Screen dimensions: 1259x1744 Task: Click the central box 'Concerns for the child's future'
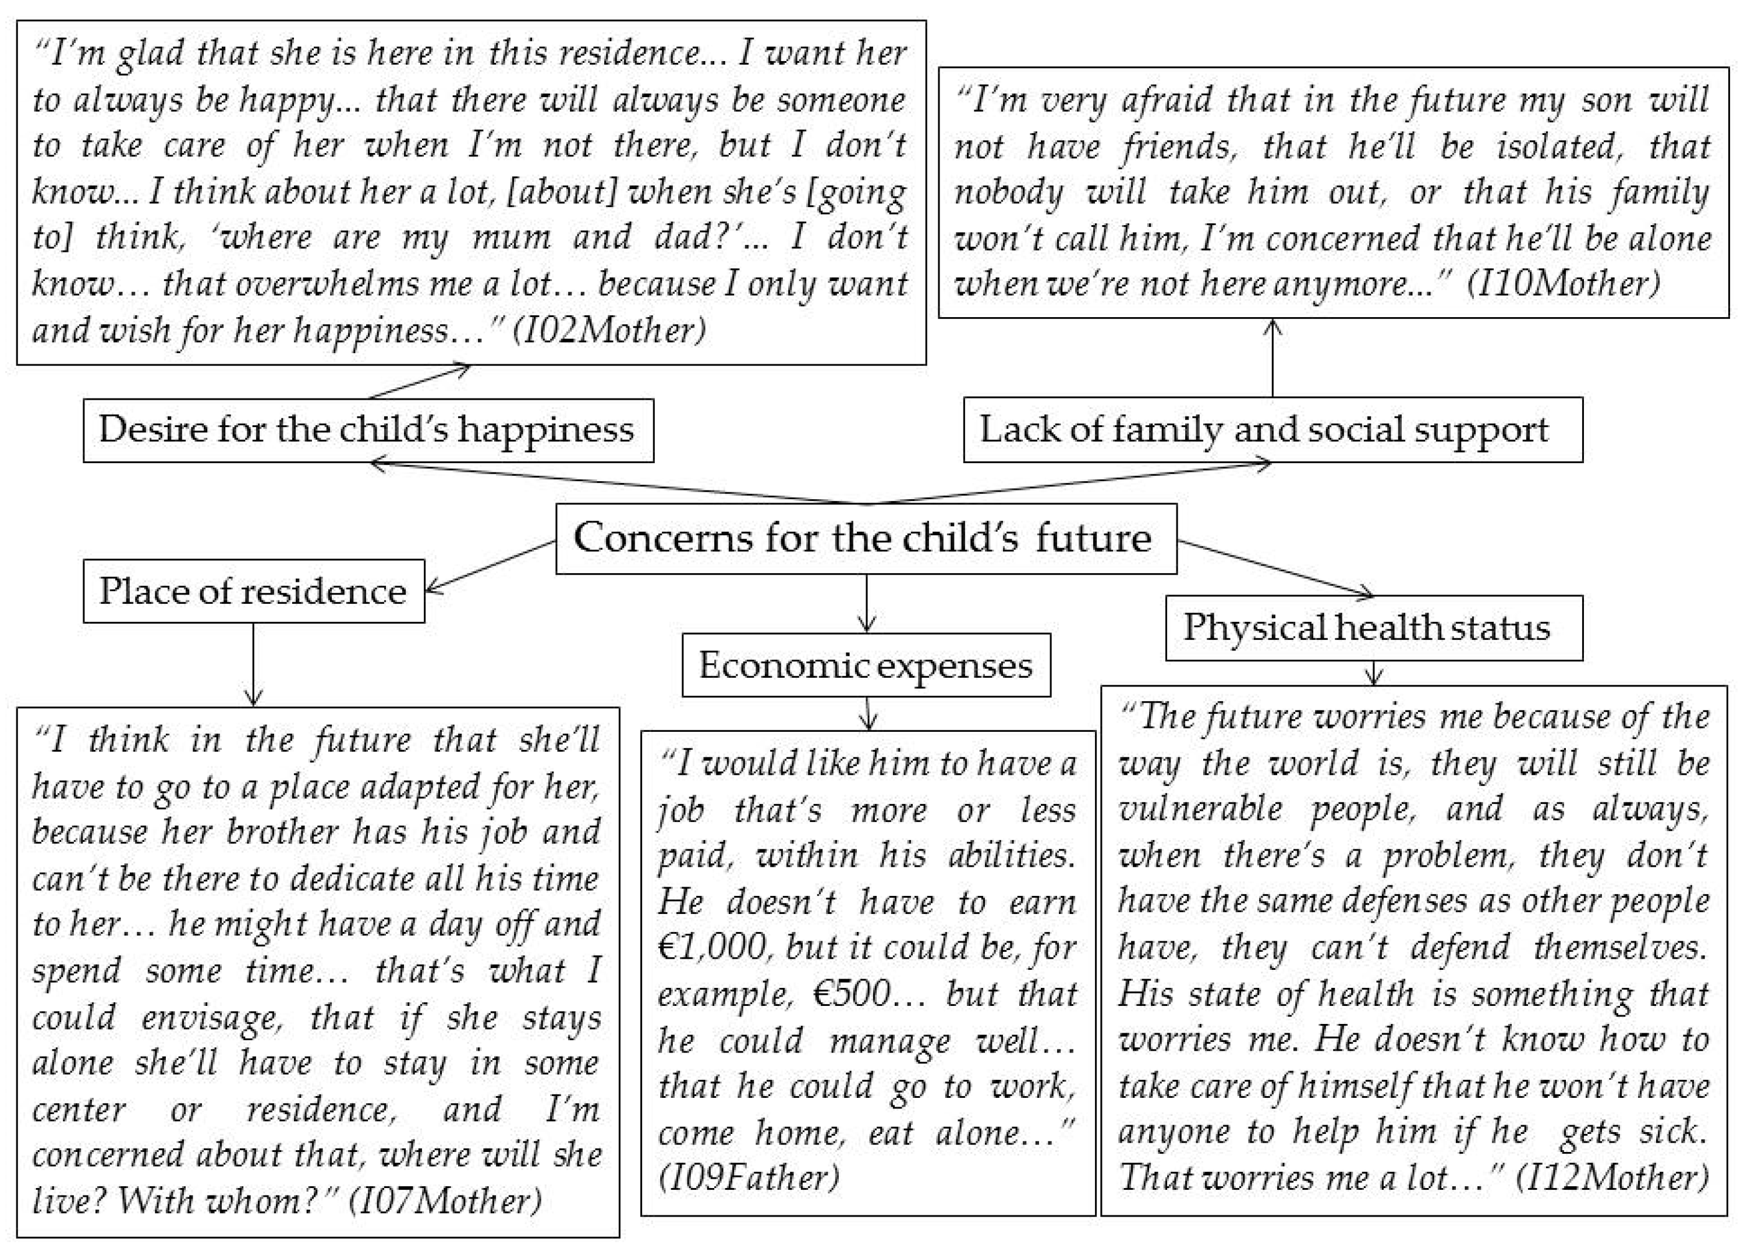click(x=866, y=538)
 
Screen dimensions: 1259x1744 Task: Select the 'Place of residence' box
click(x=253, y=591)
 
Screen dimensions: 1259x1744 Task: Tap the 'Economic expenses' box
click(x=866, y=665)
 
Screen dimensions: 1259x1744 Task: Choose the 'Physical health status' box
click(x=1373, y=627)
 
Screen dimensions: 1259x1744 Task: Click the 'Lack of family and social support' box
click(x=1272, y=430)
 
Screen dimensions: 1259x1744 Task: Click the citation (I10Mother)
click(x=1564, y=283)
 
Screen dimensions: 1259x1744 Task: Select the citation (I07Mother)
click(x=445, y=1200)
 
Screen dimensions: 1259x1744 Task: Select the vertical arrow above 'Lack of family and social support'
click(x=1272, y=357)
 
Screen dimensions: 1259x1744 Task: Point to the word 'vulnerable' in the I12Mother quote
click(x=1200, y=809)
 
